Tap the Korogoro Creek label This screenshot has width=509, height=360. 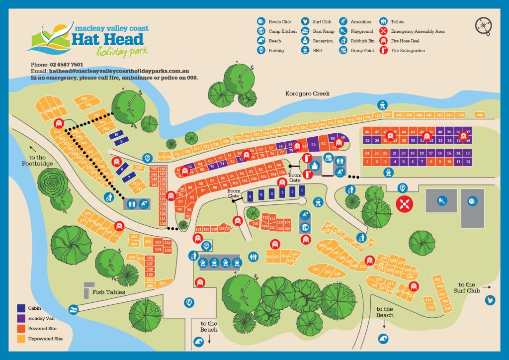tap(307, 94)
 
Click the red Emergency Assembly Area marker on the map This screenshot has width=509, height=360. tap(403, 203)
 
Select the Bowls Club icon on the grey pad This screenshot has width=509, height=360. tap(472, 201)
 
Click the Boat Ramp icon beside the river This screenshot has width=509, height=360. tap(74, 310)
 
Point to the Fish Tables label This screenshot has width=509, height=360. tap(108, 292)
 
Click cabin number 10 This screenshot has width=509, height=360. tap(116, 134)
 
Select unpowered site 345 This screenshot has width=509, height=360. tap(479, 115)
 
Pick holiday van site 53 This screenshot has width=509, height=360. tap(313, 145)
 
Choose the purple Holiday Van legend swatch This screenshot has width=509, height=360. tap(21, 318)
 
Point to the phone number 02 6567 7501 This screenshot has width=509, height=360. tap(66, 65)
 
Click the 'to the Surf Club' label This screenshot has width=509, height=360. tap(467, 288)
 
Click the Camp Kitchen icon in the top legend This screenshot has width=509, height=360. tap(261, 31)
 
